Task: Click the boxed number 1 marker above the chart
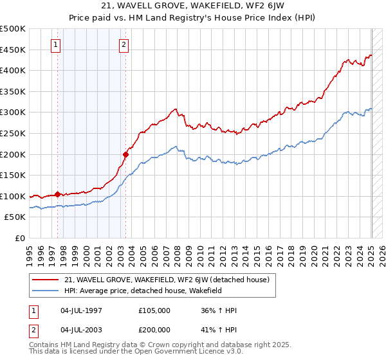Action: pyautogui.click(x=57, y=45)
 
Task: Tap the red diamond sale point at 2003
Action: pyautogui.click(x=125, y=154)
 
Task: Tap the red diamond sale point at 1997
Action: pyautogui.click(x=57, y=194)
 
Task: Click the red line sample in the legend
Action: pyautogui.click(x=46, y=280)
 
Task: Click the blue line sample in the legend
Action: pyautogui.click(x=46, y=291)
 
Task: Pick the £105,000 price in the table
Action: pyautogui.click(x=154, y=310)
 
